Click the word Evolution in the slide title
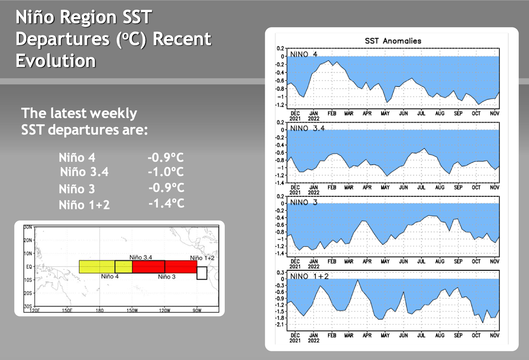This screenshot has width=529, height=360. pos(56,61)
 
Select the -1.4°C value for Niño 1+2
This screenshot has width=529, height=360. pos(166,203)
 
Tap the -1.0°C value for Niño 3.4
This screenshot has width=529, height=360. pos(165,172)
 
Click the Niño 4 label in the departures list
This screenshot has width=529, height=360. pos(77,157)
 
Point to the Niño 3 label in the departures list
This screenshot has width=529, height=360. pos(77,189)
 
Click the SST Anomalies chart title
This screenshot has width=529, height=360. pos(393,41)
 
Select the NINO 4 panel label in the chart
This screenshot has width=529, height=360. pos(304,54)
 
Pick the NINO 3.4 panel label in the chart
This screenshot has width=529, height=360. pos(307,128)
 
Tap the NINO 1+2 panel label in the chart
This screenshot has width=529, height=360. pos(310,276)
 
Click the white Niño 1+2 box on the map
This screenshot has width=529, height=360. pos(202,273)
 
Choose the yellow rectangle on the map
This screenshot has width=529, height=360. pos(97,267)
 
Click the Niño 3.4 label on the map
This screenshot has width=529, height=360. pos(141,257)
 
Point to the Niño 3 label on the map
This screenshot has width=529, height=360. pos(167,277)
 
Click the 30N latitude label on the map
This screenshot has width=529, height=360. pos(29,227)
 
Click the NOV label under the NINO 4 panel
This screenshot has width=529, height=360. pos(494,113)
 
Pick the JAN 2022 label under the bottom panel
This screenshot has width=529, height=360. pos(313,338)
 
